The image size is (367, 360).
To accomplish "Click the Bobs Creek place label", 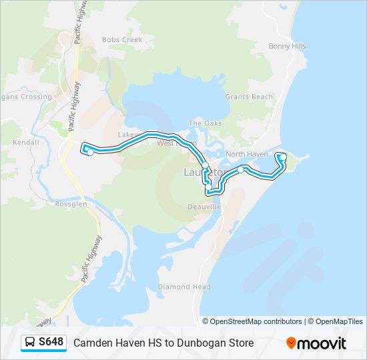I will coord(122,40).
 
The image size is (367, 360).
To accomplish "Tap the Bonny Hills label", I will coord(287,47).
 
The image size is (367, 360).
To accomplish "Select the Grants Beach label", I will coord(249,97).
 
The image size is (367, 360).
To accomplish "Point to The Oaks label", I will coord(205,123).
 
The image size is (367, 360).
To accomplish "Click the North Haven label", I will coord(247,154).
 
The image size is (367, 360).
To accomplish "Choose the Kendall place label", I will coord(26,143).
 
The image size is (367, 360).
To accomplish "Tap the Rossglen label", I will coord(71,205).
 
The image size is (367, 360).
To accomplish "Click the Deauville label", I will coord(204,207).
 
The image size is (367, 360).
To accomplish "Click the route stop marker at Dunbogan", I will coord(283,157).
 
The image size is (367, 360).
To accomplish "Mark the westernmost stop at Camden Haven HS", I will coord(90,152).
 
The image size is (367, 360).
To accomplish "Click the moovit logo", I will coord(316,343).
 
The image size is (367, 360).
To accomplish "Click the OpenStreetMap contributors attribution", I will coord(256,321).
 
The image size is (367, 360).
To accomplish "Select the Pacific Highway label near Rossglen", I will coord(92,259).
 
